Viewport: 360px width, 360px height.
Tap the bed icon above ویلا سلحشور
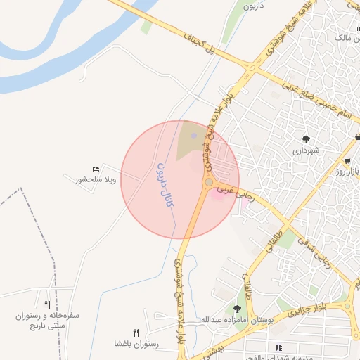point(96,169)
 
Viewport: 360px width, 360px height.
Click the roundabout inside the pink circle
point(208,183)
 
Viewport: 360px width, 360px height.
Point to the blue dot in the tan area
point(193,135)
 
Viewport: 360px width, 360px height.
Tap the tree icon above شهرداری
point(306,139)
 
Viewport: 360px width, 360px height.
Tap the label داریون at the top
point(252,6)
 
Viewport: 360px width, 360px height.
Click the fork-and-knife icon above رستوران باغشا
point(136,333)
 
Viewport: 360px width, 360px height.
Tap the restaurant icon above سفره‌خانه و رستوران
point(47,304)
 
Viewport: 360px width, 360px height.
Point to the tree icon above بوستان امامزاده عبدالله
point(238,308)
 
